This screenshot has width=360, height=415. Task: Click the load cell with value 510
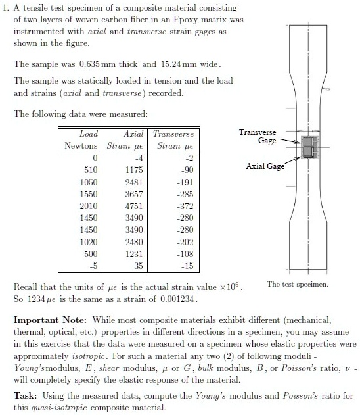[x=91, y=168]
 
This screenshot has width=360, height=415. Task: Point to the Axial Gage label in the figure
[x=265, y=166]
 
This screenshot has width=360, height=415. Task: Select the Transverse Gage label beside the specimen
[x=257, y=136]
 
